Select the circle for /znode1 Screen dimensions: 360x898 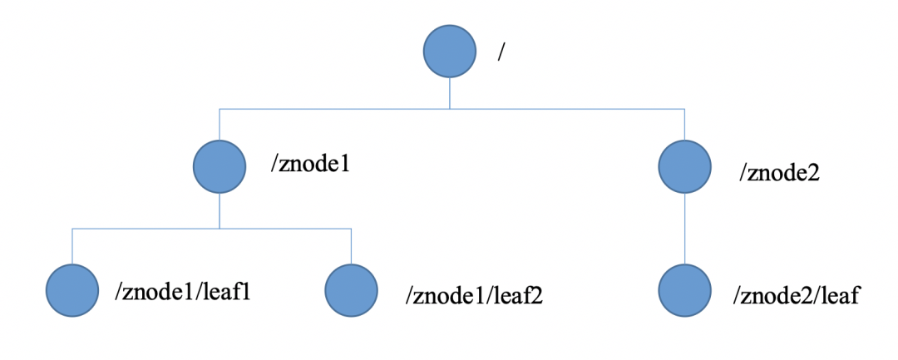point(219,165)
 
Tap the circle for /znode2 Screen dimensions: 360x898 point(684,165)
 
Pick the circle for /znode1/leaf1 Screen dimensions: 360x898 point(72,292)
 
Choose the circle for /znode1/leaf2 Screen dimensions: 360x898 point(351,292)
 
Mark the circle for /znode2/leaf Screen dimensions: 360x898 point(684,292)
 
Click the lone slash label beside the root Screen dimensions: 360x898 point(501,52)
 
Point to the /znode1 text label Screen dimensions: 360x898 point(308,164)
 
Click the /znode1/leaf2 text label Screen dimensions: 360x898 point(474,295)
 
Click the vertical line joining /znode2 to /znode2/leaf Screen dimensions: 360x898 point(684,229)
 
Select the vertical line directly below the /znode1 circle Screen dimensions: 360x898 point(219,210)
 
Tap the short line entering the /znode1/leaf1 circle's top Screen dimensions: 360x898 point(72,247)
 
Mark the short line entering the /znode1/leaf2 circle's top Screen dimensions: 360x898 point(351,247)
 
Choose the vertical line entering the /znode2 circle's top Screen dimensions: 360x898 point(684,124)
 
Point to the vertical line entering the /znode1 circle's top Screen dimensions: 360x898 point(219,124)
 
